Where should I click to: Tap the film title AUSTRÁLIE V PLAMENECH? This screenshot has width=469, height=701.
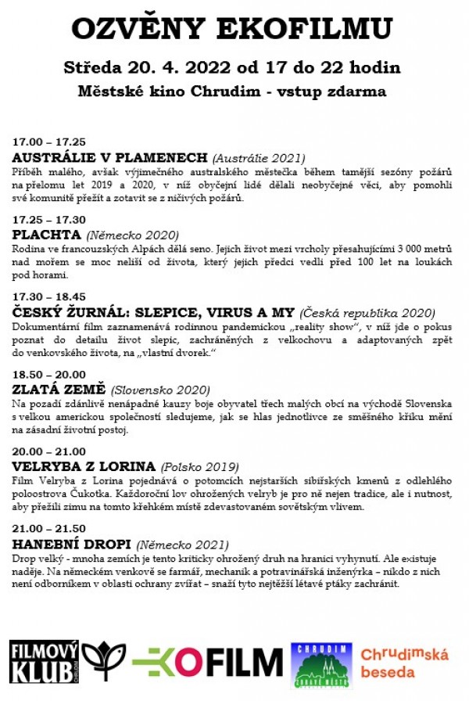pyautogui.click(x=110, y=157)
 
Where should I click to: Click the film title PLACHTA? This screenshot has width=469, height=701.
pyautogui.click(x=47, y=234)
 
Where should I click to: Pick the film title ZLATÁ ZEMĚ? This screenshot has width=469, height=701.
pyautogui.click(x=59, y=389)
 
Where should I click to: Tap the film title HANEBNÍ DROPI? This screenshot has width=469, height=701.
pyautogui.click(x=72, y=543)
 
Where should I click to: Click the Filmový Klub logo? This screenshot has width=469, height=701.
pyautogui.click(x=44, y=660)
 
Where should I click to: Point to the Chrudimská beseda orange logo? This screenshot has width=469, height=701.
pyautogui.click(x=404, y=662)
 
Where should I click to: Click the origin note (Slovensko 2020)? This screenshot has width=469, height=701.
pyautogui.click(x=160, y=390)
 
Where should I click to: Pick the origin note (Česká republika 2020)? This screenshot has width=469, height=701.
pyautogui.click(x=367, y=312)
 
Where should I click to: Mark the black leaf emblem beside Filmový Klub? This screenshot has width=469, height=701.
pyautogui.click(x=103, y=661)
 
